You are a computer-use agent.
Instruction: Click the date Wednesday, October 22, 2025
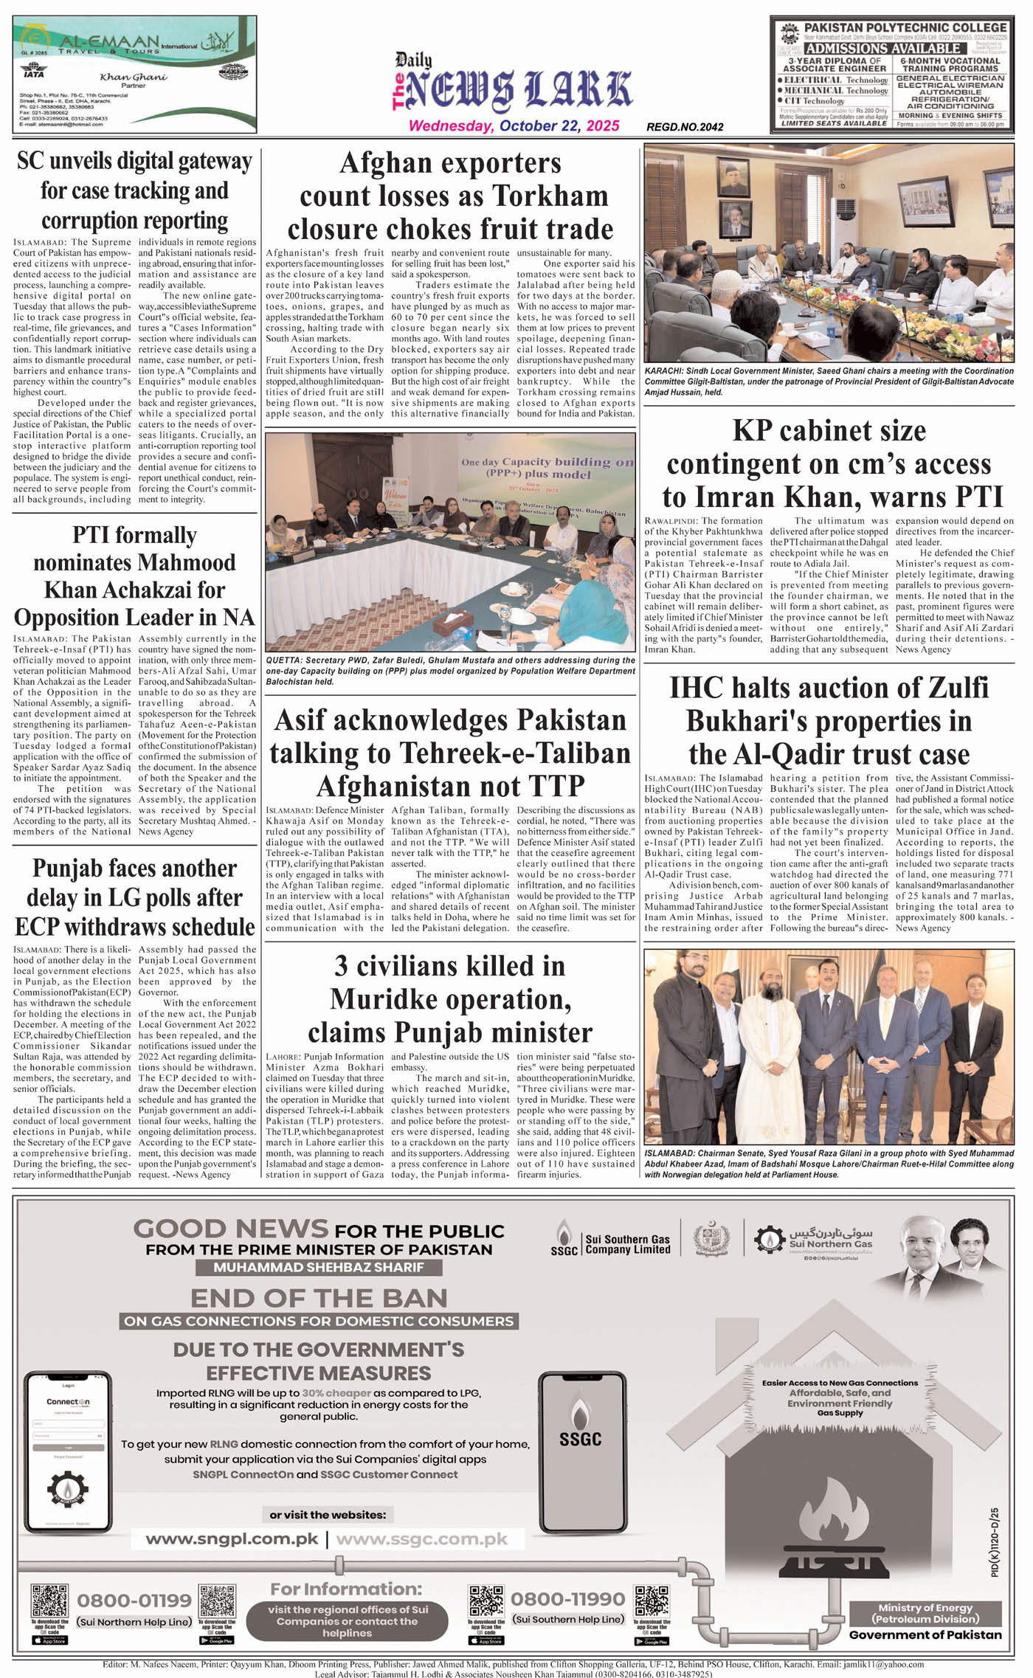pos(514,125)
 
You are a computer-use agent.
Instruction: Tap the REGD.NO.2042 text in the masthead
pos(685,127)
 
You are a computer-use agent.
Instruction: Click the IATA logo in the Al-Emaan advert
pos(33,73)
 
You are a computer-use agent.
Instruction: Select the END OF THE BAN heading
pos(319,1298)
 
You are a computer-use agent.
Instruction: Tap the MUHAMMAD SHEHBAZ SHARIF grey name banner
pos(319,1267)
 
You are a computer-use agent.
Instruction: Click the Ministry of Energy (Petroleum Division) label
pos(925,1613)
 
